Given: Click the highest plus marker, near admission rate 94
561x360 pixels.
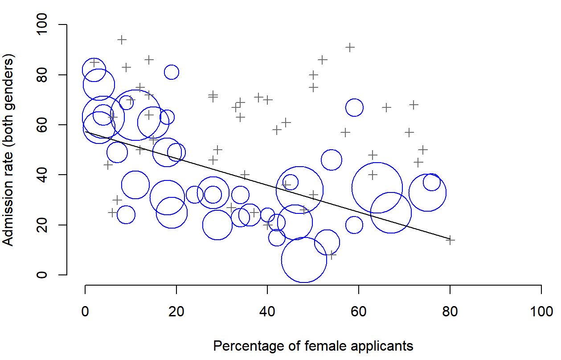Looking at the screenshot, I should (122, 40).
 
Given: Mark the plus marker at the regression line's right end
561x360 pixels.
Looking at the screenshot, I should (450, 240).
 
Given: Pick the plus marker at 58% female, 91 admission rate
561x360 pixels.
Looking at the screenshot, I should (350, 47).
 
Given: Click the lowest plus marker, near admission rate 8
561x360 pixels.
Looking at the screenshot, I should (332, 255).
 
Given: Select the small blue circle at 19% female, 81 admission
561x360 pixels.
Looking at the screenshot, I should (172, 72).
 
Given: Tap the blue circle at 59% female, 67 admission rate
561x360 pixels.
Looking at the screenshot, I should (354, 107).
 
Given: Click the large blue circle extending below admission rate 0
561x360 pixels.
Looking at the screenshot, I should (304, 260).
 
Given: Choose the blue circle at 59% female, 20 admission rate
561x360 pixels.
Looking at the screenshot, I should (354, 225).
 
